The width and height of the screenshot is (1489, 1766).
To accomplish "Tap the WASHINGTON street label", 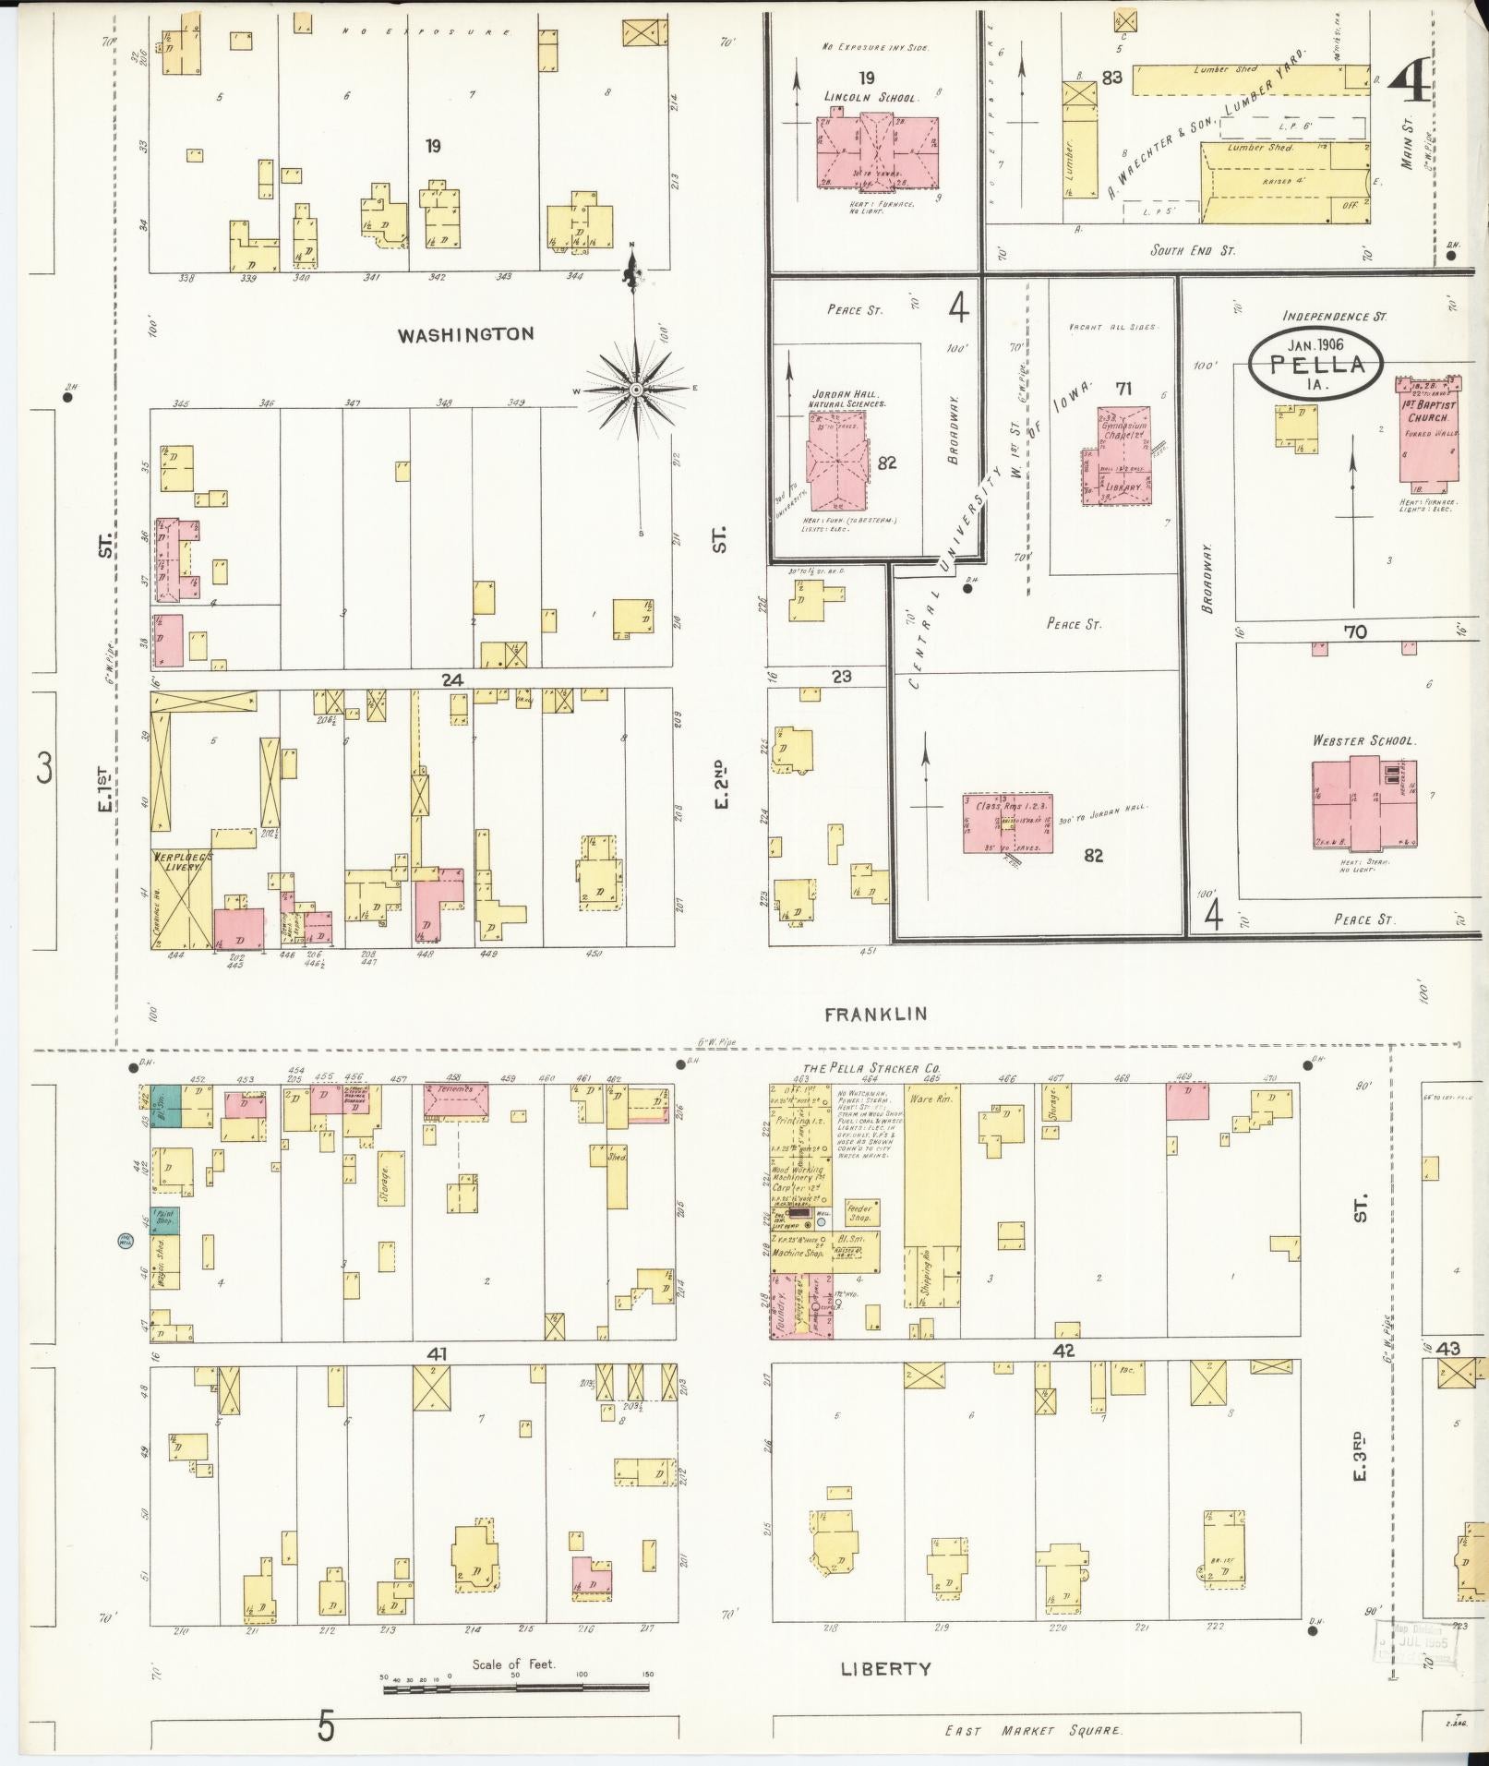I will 465,334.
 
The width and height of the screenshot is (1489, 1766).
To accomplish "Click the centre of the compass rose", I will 636,391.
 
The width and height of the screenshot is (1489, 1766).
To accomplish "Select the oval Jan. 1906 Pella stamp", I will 1315,363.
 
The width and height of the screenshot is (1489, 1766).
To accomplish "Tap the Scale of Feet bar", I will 516,1688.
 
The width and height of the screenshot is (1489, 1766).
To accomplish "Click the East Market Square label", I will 1033,1730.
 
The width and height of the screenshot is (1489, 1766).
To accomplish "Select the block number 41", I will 438,1353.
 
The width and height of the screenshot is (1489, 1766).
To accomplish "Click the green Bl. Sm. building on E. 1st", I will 166,1105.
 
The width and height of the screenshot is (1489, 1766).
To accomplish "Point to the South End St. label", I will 1192,250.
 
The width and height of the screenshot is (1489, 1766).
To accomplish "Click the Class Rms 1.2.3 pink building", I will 1008,822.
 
